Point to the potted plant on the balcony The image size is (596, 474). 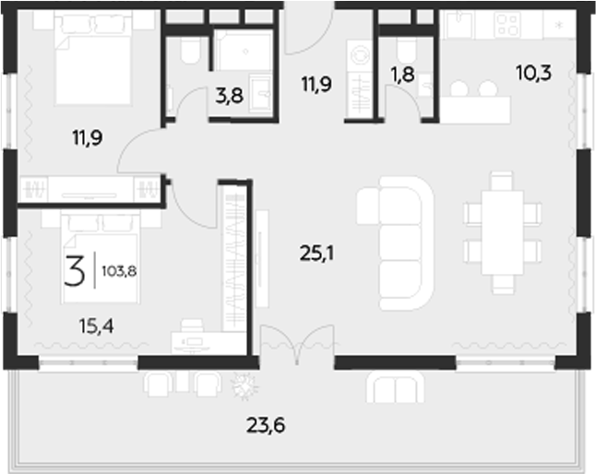[244, 386]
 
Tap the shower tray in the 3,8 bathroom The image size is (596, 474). [244, 51]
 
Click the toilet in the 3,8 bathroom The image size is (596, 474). [189, 50]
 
